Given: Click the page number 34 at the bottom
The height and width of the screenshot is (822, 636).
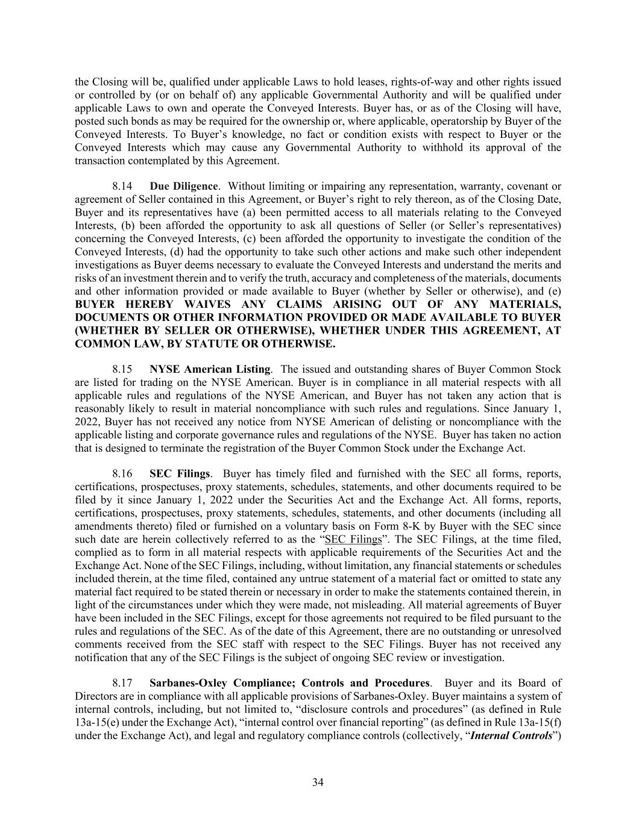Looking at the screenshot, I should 318,782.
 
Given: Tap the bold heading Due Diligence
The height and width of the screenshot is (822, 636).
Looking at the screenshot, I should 183,186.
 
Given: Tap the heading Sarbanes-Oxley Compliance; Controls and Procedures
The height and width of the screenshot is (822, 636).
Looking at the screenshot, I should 289,683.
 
